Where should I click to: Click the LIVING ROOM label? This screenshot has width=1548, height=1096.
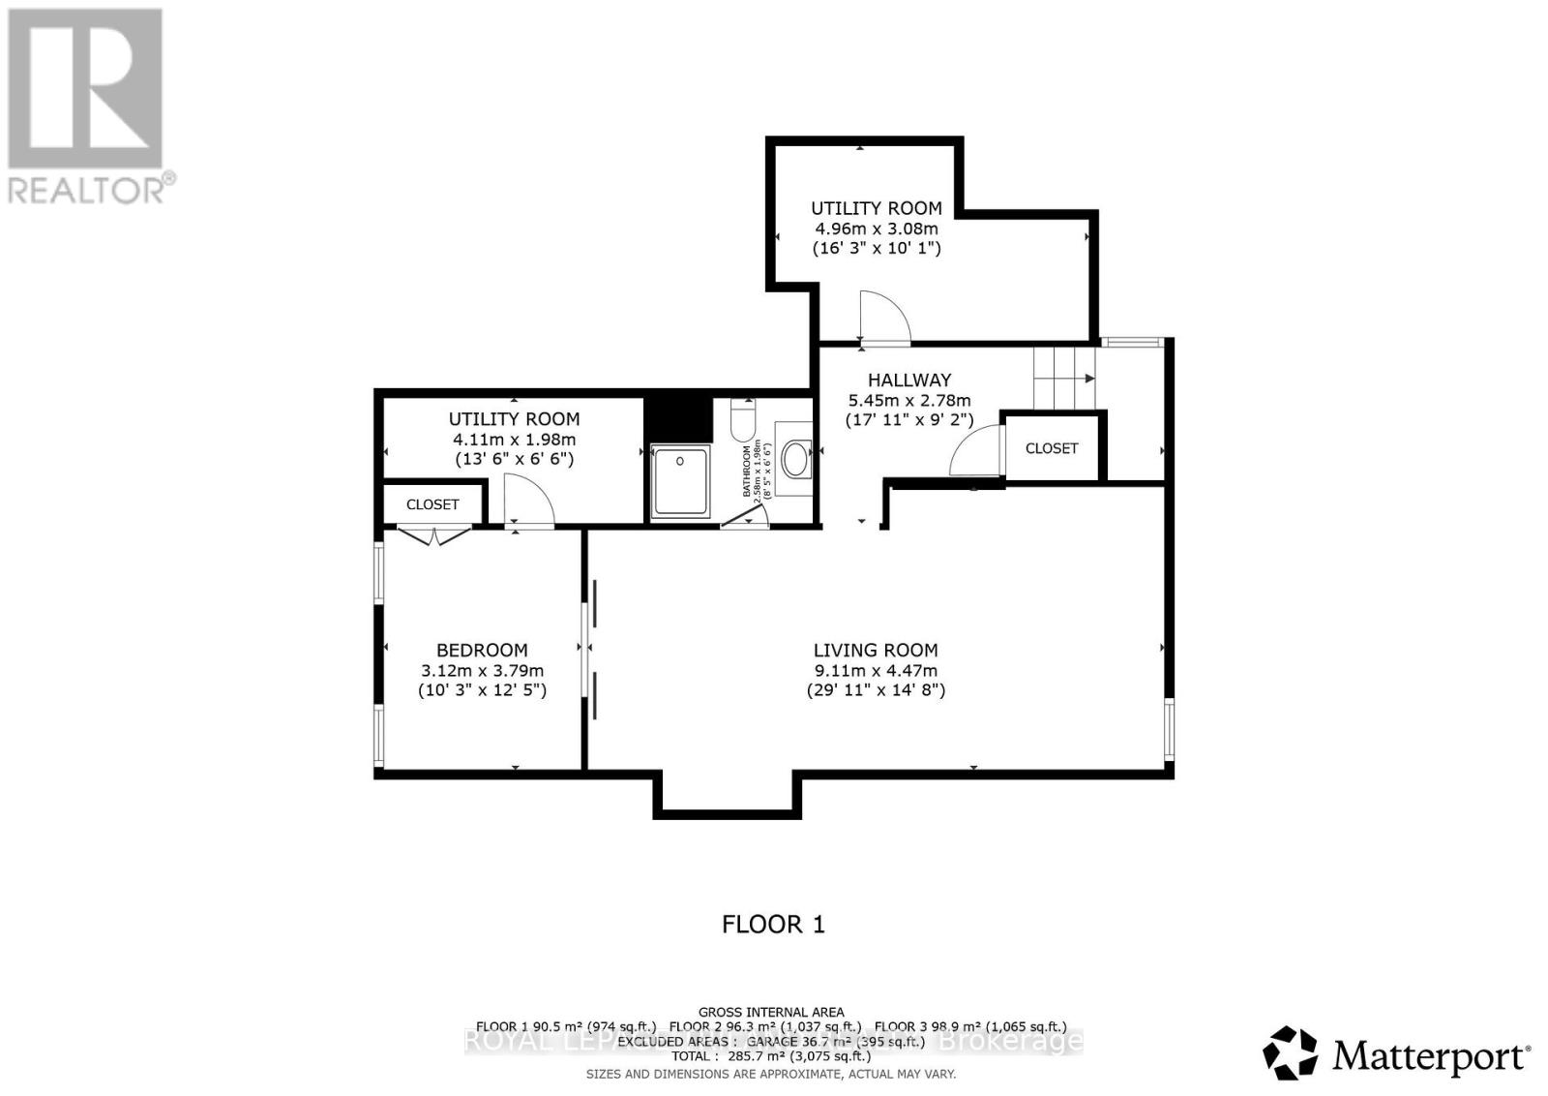tap(875, 651)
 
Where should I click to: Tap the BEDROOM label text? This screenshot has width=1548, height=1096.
tap(482, 651)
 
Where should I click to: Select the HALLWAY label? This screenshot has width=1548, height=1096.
tap(908, 381)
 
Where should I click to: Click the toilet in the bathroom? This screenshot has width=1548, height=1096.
tap(743, 422)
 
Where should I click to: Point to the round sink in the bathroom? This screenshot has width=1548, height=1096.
tap(796, 460)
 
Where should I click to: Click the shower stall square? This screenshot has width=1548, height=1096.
tap(680, 480)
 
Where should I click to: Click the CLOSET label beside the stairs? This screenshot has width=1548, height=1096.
tap(1051, 448)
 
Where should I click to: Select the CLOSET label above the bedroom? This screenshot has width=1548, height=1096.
tap(432, 504)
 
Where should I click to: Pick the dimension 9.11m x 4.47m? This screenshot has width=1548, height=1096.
tap(875, 671)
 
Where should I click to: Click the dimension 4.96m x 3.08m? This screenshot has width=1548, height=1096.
tap(876, 228)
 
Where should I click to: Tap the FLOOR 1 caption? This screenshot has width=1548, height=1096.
tap(773, 924)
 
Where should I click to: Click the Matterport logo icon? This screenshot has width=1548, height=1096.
tap(1291, 1053)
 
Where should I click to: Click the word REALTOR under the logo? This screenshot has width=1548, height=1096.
tap(87, 189)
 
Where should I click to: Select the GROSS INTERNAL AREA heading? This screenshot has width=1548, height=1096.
tap(771, 1013)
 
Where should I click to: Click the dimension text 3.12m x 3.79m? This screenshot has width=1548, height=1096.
tap(482, 671)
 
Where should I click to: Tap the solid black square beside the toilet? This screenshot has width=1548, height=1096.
tap(677, 417)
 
